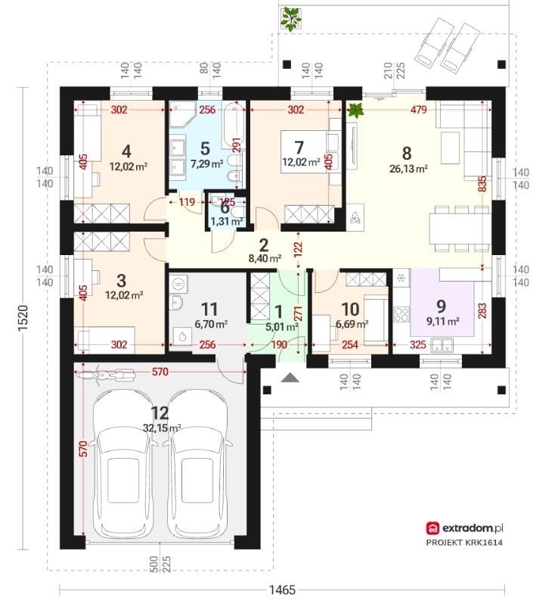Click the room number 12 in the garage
(x=160, y=413)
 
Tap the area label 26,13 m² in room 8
(x=409, y=169)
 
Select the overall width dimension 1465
(x=282, y=590)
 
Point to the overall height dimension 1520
(x=23, y=317)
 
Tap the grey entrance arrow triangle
(x=290, y=378)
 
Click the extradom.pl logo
(x=465, y=528)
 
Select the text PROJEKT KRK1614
(x=464, y=543)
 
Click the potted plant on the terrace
(x=291, y=19)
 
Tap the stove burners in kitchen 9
(x=401, y=314)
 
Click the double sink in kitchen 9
(x=442, y=346)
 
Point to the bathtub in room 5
(x=233, y=125)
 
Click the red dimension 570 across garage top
(x=160, y=372)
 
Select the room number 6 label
(x=225, y=209)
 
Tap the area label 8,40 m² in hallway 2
(x=265, y=258)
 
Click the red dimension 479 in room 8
(x=418, y=110)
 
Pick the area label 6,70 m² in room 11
(x=211, y=325)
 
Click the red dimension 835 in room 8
(x=482, y=184)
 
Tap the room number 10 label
(x=350, y=310)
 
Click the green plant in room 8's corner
(x=355, y=111)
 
